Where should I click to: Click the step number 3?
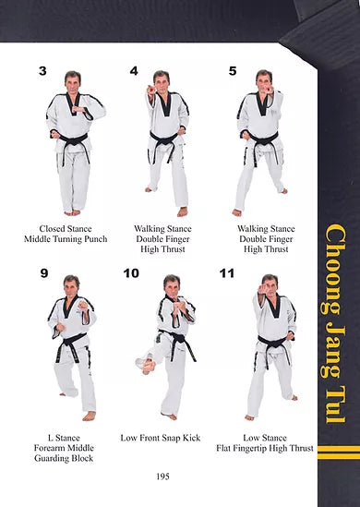click(42, 71)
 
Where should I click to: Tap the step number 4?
click(134, 71)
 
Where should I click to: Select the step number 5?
click(233, 71)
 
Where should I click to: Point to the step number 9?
click(44, 273)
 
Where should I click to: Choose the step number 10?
click(131, 273)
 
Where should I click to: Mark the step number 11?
click(227, 273)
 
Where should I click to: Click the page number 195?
click(162, 477)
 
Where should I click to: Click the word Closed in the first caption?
click(51, 229)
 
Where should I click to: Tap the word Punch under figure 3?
click(96, 239)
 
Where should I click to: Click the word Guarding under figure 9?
click(49, 458)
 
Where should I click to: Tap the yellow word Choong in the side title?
click(333, 269)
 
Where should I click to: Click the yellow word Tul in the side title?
click(335, 404)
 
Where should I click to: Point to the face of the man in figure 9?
click(71, 287)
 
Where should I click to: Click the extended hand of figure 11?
click(264, 288)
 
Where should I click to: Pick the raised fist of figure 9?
click(83, 306)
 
